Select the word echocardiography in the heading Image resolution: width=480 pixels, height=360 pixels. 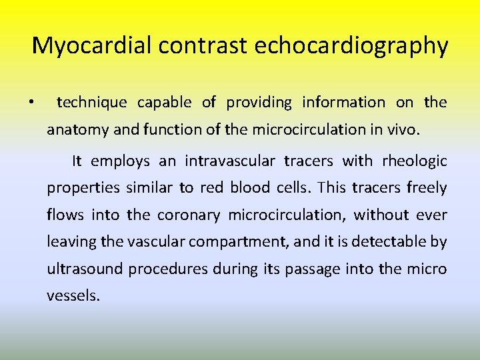(x=351, y=46)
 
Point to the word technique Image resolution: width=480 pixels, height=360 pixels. (x=91, y=102)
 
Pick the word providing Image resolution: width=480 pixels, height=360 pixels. (x=259, y=102)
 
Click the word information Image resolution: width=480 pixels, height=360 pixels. (x=343, y=102)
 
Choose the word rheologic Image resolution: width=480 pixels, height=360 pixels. (x=414, y=161)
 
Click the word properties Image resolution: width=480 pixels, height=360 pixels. (x=81, y=189)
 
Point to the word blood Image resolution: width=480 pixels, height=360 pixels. (x=249, y=188)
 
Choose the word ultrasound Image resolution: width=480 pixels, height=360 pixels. (x=85, y=269)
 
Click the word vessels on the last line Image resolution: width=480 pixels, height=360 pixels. (x=73, y=295)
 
